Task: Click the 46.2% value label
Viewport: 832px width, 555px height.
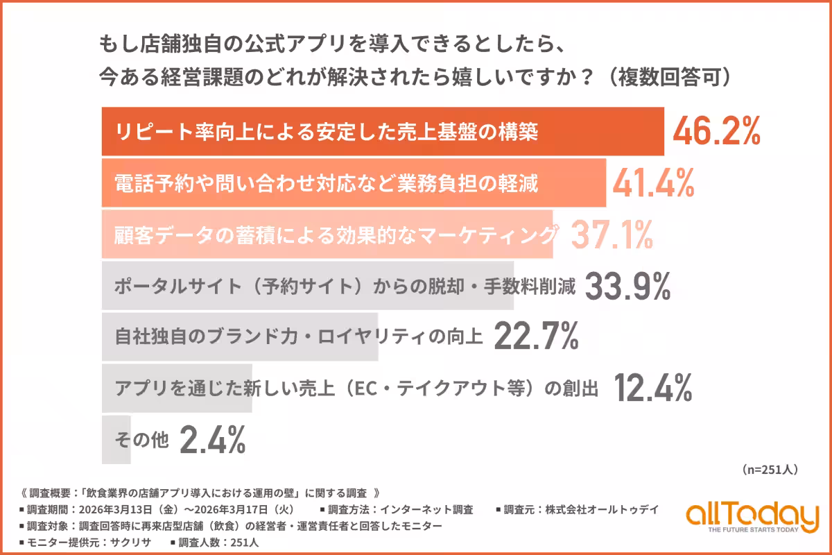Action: point(717,132)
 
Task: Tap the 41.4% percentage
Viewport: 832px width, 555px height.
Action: point(654,183)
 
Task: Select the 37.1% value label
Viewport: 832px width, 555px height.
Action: point(612,235)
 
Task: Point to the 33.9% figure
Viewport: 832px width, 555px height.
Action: point(628,286)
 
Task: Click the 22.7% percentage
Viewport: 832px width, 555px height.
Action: point(536,337)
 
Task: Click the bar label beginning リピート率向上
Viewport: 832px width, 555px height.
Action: point(327,133)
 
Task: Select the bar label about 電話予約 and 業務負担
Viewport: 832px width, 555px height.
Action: point(327,184)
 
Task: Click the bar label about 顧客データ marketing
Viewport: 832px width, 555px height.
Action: point(336,235)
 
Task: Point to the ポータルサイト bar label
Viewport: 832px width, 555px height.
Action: point(345,287)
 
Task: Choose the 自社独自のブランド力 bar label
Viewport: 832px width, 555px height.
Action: point(298,338)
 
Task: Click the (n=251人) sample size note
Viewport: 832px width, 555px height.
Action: point(770,470)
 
